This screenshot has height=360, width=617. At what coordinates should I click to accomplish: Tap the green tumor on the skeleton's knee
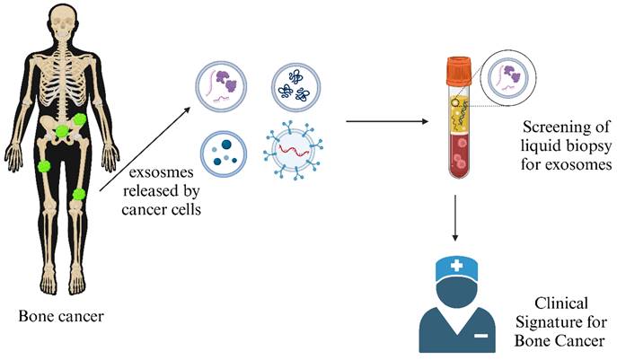pyautogui.click(x=78, y=194)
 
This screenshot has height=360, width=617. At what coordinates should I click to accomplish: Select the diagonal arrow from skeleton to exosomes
pyautogui.click(x=145, y=143)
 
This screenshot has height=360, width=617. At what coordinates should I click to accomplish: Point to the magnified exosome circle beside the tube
pyautogui.click(x=506, y=81)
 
